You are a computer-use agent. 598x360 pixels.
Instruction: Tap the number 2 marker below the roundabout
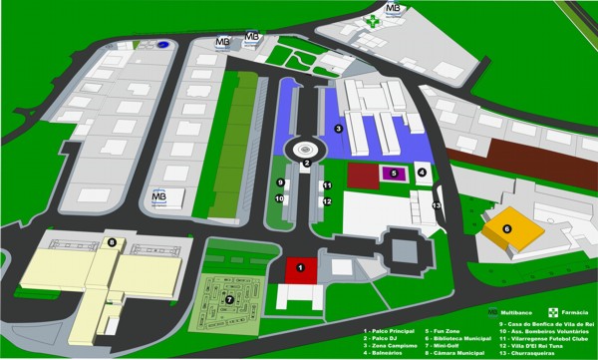tap(307, 165)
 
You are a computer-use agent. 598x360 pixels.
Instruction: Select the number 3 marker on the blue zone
tap(338, 129)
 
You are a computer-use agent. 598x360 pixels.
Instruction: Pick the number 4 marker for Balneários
tap(423, 173)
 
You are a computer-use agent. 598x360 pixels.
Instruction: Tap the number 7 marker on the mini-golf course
tap(229, 298)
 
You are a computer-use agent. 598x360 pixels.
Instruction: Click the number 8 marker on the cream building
tap(112, 242)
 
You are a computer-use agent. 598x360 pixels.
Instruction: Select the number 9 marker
tap(281, 183)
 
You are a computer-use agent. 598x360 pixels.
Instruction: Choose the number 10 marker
tap(281, 199)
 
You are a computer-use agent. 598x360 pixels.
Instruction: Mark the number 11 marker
tap(327, 185)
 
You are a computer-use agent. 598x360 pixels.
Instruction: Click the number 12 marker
tap(327, 201)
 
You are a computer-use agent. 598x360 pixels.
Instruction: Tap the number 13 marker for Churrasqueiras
tap(436, 204)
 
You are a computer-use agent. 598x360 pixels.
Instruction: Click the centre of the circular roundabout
tap(306, 149)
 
